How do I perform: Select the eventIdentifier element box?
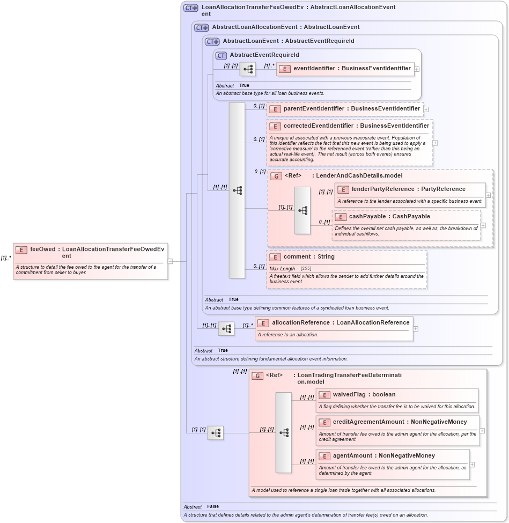pyautogui.click(x=344, y=69)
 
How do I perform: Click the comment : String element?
pyautogui.click(x=309, y=257)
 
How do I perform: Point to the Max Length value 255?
pyautogui.click(x=306, y=268)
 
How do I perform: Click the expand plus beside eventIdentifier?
pyautogui.click(x=417, y=69)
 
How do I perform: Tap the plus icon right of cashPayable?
pyautogui.click(x=483, y=225)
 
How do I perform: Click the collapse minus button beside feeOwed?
pyautogui.click(x=170, y=261)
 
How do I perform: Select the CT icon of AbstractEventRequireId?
pyautogui.click(x=221, y=55)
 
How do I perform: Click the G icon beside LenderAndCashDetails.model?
pyautogui.click(x=276, y=176)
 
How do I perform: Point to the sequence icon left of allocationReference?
pyautogui.click(x=226, y=329)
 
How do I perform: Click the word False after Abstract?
pyautogui.click(x=213, y=506)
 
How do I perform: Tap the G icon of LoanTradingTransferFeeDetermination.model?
pyautogui.click(x=257, y=375)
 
